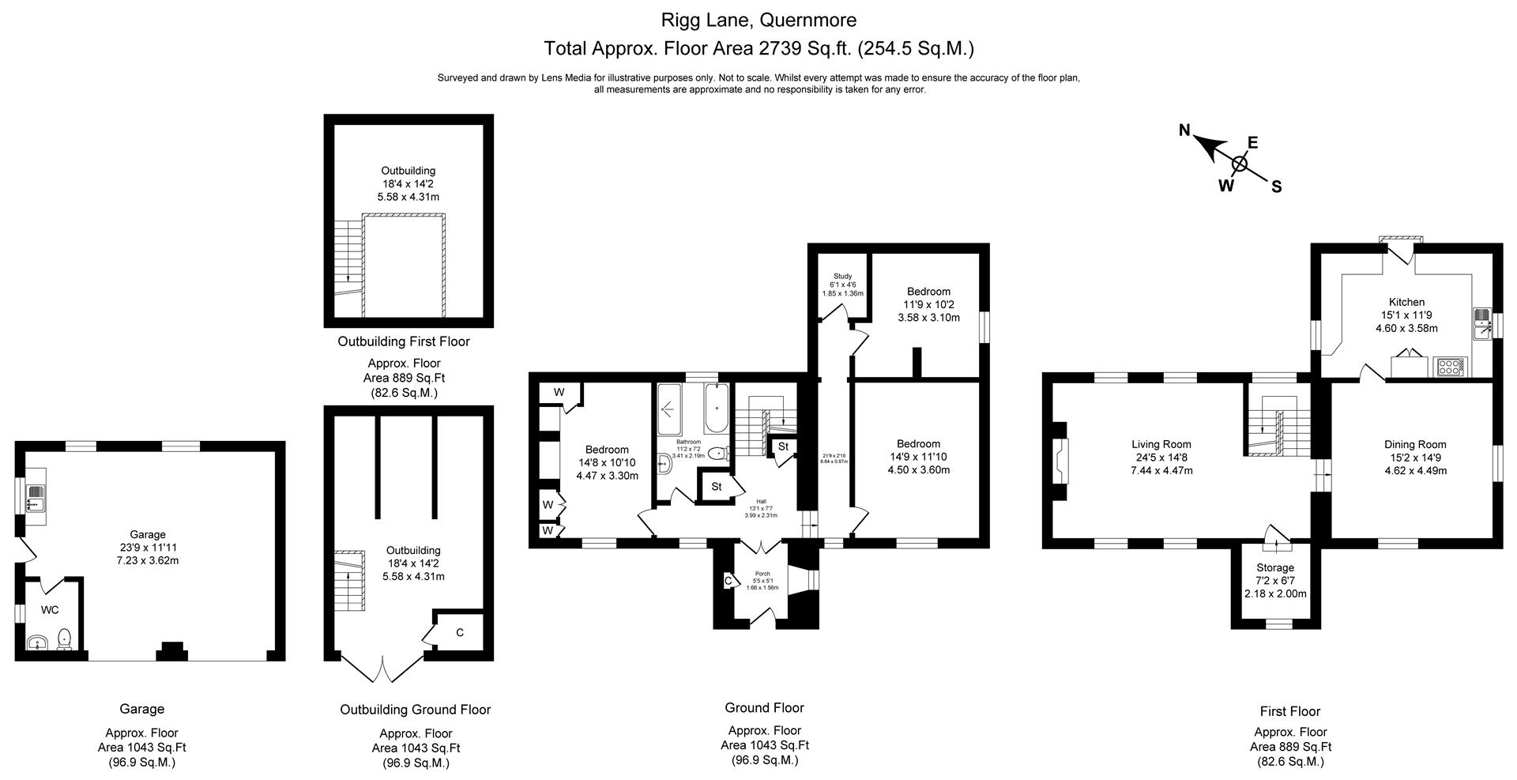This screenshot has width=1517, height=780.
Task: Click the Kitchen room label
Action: coord(1406,302)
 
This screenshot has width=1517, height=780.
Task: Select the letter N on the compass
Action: coord(1184,130)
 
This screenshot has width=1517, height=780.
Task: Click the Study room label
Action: coord(842,276)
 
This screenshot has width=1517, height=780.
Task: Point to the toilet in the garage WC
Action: coord(66,639)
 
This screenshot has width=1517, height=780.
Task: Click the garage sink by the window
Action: coord(35,496)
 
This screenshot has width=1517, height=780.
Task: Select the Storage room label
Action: coord(1274,567)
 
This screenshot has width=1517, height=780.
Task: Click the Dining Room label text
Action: coord(1414,444)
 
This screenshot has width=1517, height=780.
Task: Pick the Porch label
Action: coord(762,574)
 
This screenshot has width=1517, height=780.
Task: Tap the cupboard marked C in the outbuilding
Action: coord(459,632)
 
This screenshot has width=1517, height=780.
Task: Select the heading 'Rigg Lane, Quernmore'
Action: coord(758,20)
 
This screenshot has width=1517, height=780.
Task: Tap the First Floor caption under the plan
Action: coord(1289,710)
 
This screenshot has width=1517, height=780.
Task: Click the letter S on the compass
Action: coord(1276,187)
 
